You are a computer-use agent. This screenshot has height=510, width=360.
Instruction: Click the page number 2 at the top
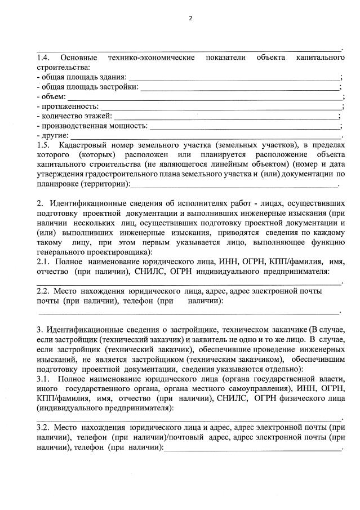[x=190, y=18]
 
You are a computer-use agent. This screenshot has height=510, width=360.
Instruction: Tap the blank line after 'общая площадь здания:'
[x=234, y=77]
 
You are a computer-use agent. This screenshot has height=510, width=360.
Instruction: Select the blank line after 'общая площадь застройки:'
[x=239, y=87]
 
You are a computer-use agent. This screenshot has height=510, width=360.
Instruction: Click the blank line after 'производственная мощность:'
[x=245, y=126]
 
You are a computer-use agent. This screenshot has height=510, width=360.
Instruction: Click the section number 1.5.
[x=43, y=146]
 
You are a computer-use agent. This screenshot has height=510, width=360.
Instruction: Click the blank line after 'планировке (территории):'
[x=234, y=184]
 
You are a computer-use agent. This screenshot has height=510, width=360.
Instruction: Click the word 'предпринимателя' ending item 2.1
[x=295, y=271]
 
